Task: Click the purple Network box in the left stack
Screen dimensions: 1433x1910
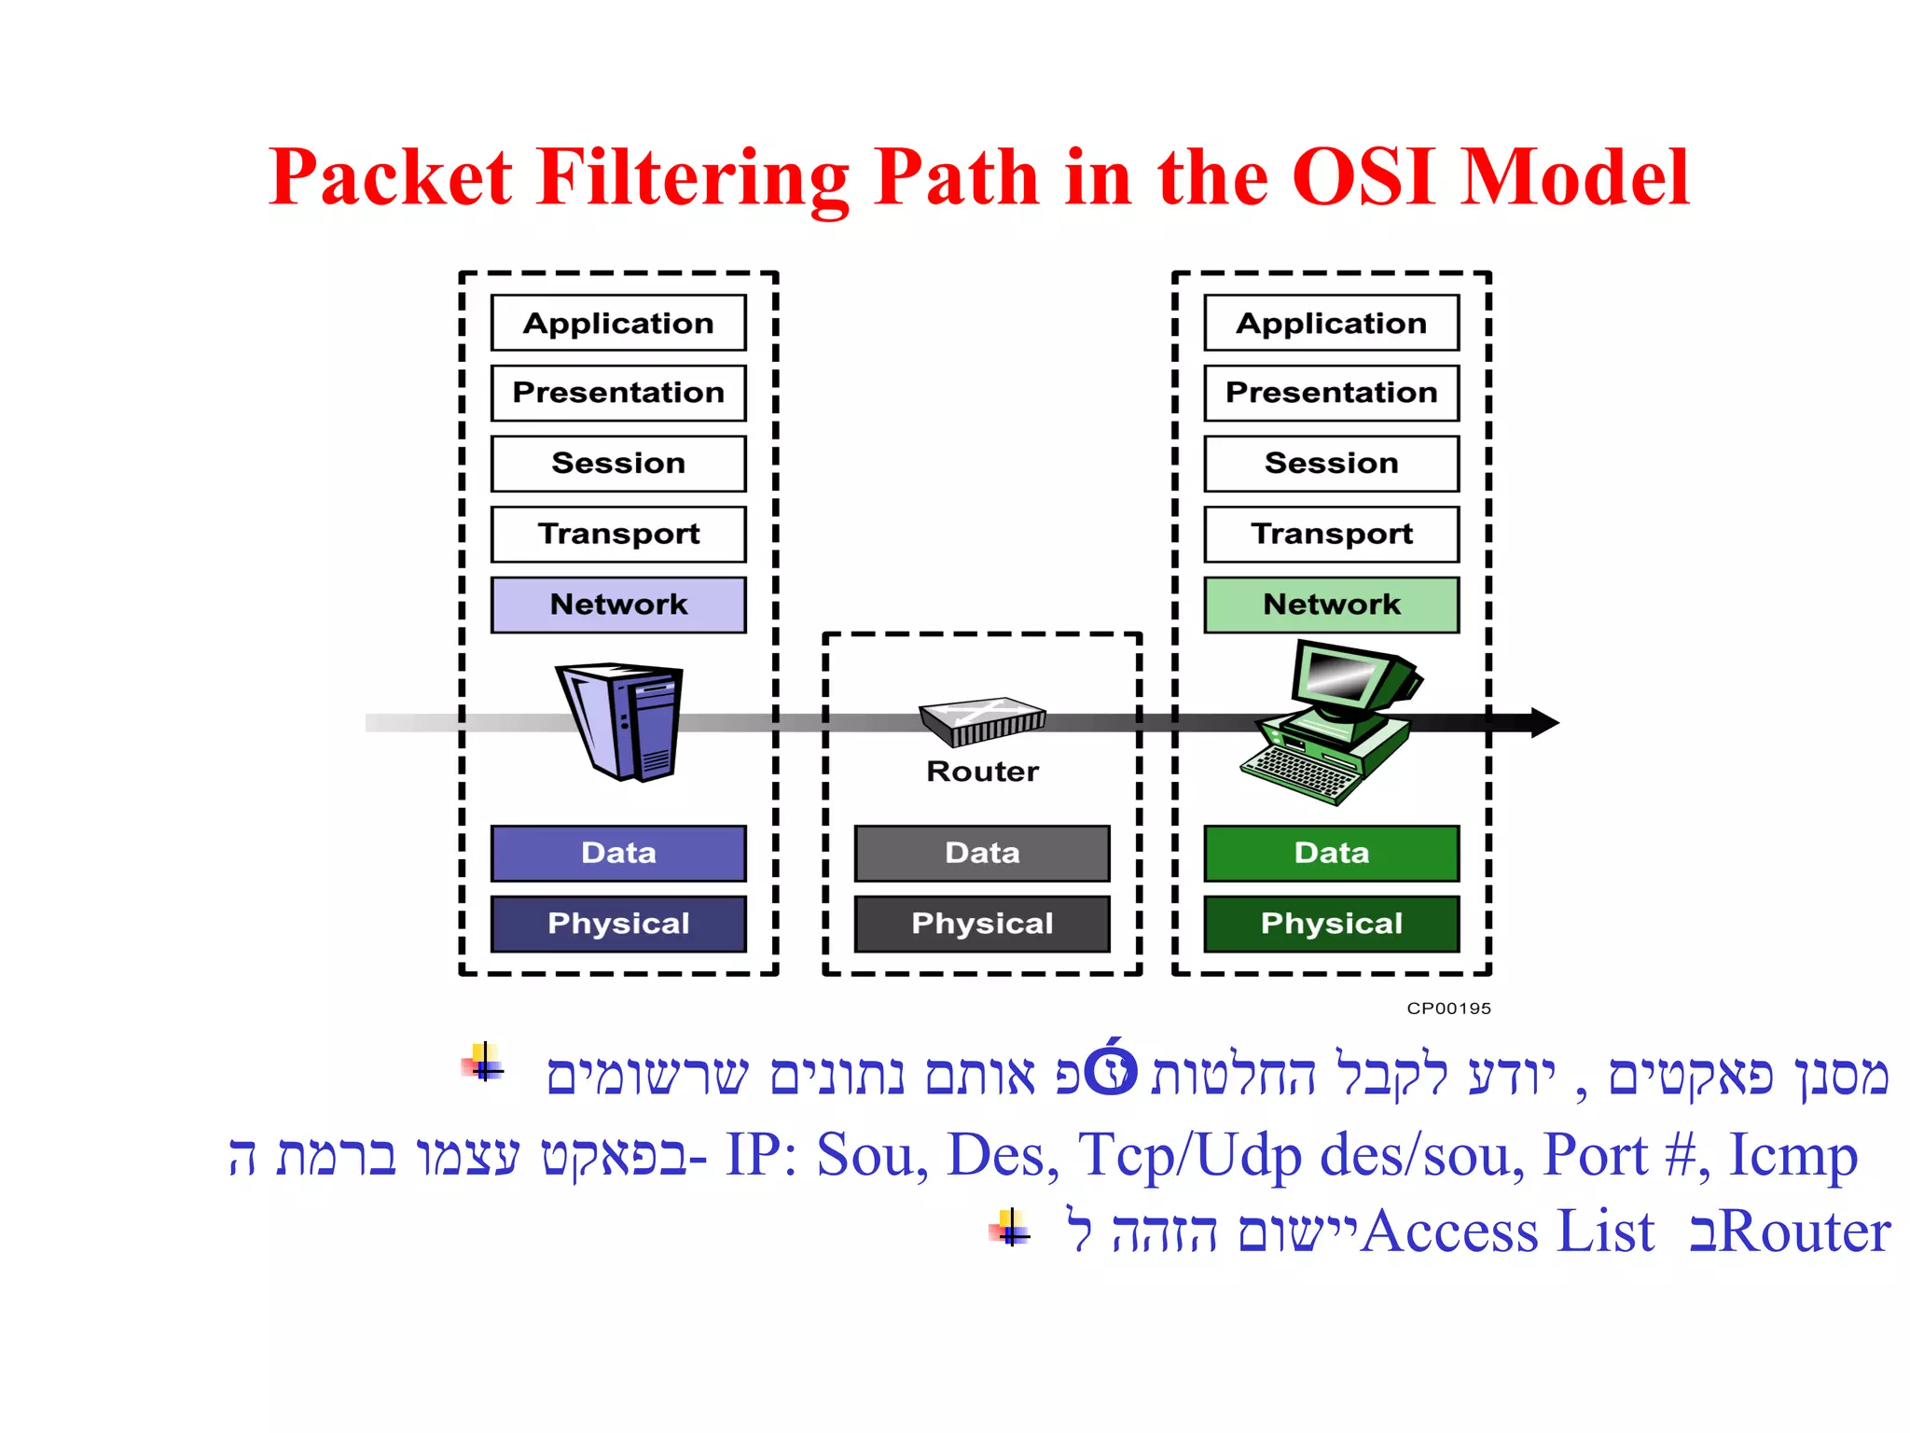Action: pyautogui.click(x=618, y=605)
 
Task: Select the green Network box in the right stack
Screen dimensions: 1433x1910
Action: pyautogui.click(x=1331, y=605)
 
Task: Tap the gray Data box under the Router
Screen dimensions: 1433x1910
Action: pyautogui.click(x=982, y=853)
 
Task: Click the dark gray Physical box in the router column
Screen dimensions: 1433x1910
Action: pyautogui.click(x=982, y=924)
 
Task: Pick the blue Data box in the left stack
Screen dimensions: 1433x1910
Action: pyautogui.click(x=618, y=853)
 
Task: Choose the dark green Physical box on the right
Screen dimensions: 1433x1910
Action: pyautogui.click(x=1331, y=924)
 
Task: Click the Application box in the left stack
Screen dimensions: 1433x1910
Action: pyautogui.click(x=618, y=323)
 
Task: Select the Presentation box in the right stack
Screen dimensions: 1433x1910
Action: pyautogui.click(x=1331, y=393)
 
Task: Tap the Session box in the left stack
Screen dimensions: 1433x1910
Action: pyautogui.click(x=618, y=464)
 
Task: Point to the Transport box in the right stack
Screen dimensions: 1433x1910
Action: pyautogui.click(x=1331, y=534)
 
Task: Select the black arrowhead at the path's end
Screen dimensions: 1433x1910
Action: pyautogui.click(x=1543, y=722)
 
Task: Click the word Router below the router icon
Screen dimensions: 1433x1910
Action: pyautogui.click(x=982, y=772)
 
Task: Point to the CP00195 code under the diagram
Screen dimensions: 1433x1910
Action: pyautogui.click(x=1448, y=1009)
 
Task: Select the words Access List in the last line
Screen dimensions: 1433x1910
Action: pyautogui.click(x=1507, y=1231)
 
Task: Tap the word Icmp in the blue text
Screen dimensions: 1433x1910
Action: pyautogui.click(x=1792, y=1155)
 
